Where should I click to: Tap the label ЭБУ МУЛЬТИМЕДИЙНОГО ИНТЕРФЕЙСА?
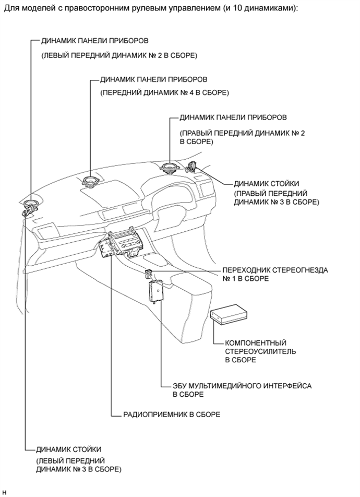pos(242,386)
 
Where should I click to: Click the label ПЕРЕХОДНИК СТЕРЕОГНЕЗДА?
pos(275,270)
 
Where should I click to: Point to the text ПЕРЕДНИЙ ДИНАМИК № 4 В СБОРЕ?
pos(164,92)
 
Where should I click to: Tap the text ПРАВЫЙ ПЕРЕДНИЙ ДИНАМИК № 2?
pos(242,133)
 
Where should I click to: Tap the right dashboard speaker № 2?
pos(170,169)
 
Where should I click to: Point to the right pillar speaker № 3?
pos(193,167)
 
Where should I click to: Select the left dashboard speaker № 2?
pos(31,205)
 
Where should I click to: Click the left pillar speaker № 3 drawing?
pos(26,212)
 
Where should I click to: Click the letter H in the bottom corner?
pos(4,492)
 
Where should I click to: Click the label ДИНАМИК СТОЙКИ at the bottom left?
pos(68,449)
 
